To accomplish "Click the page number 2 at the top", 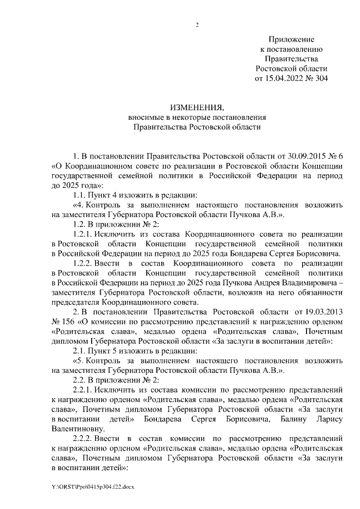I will click(197, 24).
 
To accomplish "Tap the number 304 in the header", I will click(319, 78).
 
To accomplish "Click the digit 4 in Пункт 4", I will click(119, 195).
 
